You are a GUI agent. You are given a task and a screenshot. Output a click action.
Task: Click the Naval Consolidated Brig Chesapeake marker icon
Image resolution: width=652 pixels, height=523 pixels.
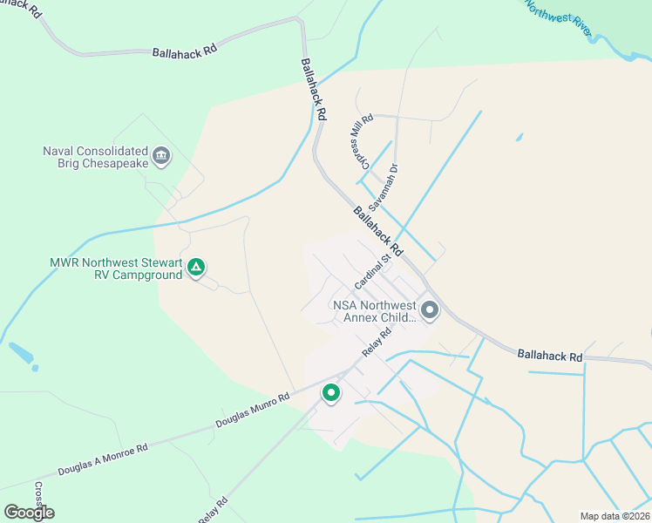pos(161,157)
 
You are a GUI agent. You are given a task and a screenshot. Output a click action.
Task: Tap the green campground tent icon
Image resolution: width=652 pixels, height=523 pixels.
pos(197,268)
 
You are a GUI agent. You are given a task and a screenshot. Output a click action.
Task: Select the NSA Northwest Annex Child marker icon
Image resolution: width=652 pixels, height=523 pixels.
pos(429,309)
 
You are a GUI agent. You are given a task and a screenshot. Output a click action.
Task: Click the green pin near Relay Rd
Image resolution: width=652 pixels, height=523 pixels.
pos(331,393)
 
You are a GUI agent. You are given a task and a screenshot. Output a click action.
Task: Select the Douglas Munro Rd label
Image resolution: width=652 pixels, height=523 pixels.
pos(252,412)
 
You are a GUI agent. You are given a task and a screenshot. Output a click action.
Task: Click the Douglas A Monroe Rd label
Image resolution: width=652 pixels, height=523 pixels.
pos(104,459)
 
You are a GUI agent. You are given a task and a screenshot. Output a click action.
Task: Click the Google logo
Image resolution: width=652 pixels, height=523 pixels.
pos(29,512)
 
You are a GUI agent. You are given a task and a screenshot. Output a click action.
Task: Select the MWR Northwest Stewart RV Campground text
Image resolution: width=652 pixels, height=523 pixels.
pos(116,268)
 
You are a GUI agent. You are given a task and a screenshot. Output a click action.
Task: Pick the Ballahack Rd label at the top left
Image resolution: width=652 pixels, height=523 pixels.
pos(184,52)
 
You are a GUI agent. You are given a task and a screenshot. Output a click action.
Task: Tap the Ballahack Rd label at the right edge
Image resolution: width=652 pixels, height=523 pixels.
pos(549,356)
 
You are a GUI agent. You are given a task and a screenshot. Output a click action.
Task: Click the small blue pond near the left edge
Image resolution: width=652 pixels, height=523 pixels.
pos(22,354)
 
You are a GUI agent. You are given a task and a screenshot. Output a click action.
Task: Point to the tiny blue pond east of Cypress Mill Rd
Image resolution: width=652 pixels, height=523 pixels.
pos(520,137)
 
